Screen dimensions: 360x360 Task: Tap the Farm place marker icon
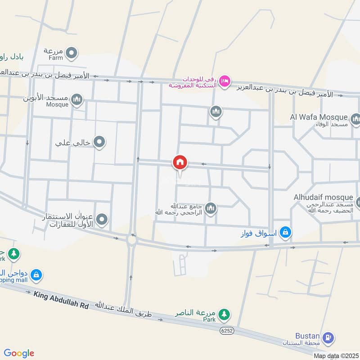[x=71, y=55]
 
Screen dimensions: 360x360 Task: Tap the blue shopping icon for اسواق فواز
[x=285, y=233]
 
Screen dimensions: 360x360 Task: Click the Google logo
[x=19, y=353]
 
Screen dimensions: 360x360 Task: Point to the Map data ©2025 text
[x=336, y=355]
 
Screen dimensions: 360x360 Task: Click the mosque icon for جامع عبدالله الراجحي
[x=211, y=209]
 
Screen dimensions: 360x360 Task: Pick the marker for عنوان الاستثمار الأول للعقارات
[x=103, y=220]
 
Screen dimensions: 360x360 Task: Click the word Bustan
[x=308, y=336]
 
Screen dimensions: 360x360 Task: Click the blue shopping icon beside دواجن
[x=36, y=274]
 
